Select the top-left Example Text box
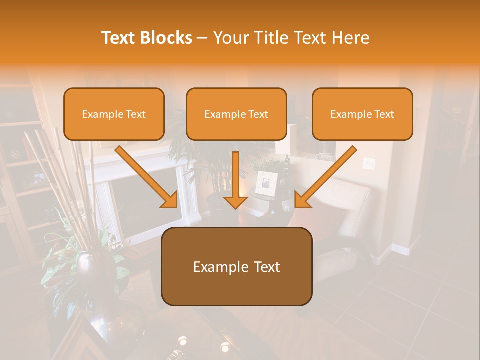pyautogui.click(x=114, y=114)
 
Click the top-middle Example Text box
pyautogui.click(x=236, y=114)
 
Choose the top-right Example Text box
pyautogui.click(x=362, y=114)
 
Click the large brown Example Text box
pyautogui.click(x=236, y=267)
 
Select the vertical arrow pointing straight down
pyautogui.click(x=235, y=180)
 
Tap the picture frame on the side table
pyautogui.click(x=265, y=183)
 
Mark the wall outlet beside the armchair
pyautogui.click(x=369, y=163)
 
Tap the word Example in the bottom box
pyautogui.click(x=216, y=267)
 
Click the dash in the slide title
pyautogui.click(x=202, y=38)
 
